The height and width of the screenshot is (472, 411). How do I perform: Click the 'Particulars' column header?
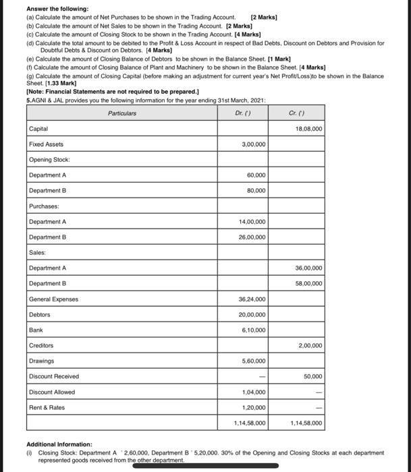coord(122,113)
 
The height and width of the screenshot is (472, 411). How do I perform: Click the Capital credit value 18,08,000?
coord(309,129)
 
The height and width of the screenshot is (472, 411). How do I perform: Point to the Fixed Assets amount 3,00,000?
coord(253,144)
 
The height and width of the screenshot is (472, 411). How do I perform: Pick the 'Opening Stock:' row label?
coord(49,160)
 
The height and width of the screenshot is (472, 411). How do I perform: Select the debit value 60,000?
coord(256,175)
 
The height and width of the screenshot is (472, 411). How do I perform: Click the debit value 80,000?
coord(256,191)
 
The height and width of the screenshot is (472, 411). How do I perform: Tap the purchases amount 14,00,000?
coord(252,222)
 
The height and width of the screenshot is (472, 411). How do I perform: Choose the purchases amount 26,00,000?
coord(252,237)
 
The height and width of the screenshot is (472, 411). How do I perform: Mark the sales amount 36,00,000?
coord(309,268)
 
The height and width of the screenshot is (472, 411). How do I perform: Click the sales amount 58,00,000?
coord(309,284)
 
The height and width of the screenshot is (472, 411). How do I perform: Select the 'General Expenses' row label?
coord(53,299)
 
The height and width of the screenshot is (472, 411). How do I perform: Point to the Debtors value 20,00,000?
coord(252,315)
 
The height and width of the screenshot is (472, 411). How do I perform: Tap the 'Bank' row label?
coord(36,330)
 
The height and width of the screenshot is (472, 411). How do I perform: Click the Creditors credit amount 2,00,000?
coord(310,346)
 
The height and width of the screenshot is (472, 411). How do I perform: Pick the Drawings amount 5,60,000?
coord(253,361)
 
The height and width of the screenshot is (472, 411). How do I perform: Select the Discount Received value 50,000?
coord(312,377)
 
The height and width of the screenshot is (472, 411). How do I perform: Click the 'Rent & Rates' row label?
coord(46,408)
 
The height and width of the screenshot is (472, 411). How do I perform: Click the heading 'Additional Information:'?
coord(59,445)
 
